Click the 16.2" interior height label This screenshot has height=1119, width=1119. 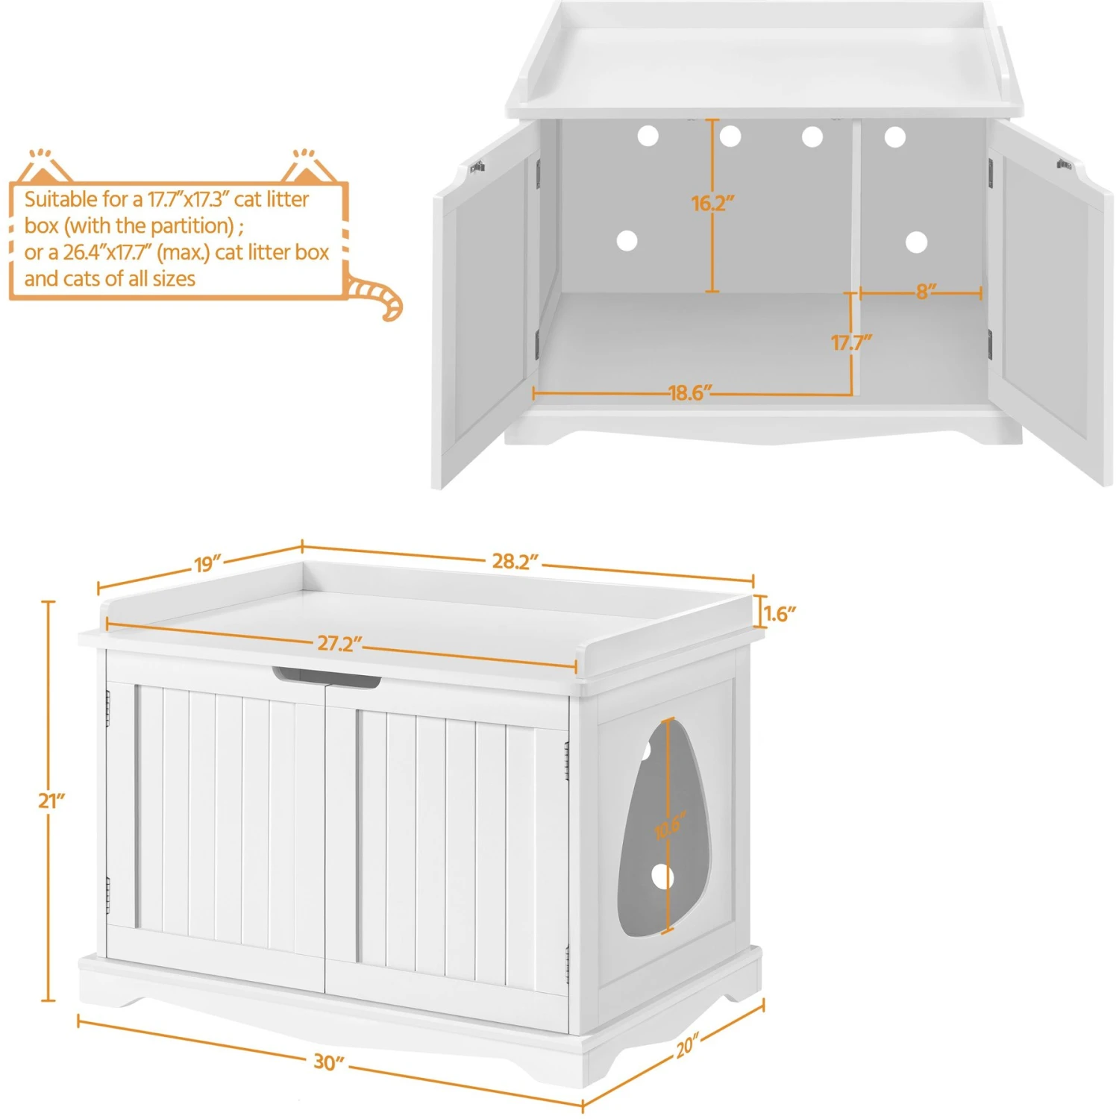point(712,203)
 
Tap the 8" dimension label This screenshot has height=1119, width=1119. point(926,291)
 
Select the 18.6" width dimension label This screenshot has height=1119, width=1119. point(690,392)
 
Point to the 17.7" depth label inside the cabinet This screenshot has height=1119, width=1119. point(851,342)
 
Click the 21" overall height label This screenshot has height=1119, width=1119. point(51,800)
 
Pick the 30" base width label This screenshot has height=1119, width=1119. point(328,1062)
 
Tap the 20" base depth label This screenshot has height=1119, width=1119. point(687,1046)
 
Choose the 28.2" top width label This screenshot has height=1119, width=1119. point(515,561)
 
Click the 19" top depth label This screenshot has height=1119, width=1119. point(207,563)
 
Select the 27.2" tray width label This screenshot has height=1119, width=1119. point(339,643)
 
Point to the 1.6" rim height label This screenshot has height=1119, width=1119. point(780,614)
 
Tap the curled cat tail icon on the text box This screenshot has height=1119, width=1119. point(380,296)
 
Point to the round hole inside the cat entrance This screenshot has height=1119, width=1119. point(662,877)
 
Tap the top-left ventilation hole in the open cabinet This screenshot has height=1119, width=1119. point(648,136)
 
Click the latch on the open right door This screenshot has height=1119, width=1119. point(1064,163)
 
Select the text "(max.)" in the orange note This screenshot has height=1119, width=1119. point(184,252)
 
